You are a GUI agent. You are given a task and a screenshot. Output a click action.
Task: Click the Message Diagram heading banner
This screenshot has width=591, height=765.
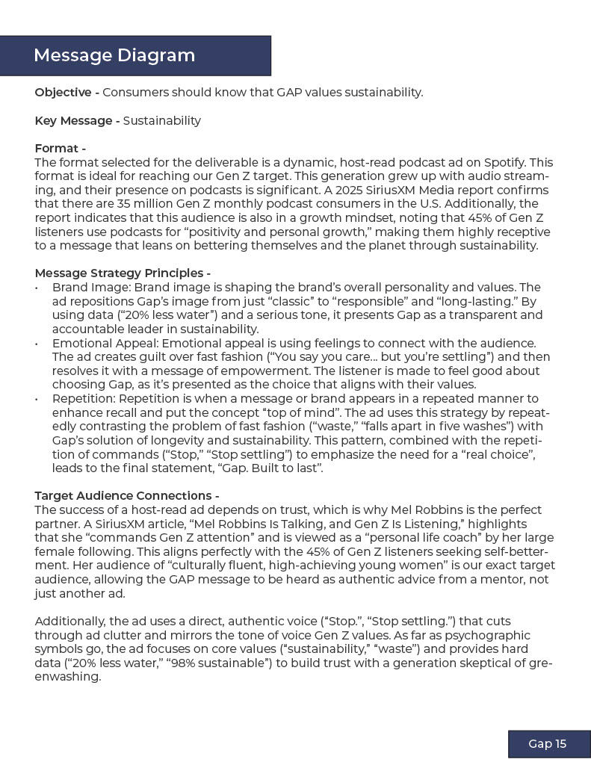pyautogui.click(x=134, y=56)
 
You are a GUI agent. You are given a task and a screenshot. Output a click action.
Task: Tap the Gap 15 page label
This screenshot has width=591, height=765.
pyautogui.click(x=548, y=743)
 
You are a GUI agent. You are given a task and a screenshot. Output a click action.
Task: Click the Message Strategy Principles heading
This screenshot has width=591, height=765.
pyautogui.click(x=122, y=273)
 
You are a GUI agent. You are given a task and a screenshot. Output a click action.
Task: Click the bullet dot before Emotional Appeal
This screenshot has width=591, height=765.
pyautogui.click(x=37, y=344)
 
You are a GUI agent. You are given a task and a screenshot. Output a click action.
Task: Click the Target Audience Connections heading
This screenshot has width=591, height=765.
pyautogui.click(x=126, y=496)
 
